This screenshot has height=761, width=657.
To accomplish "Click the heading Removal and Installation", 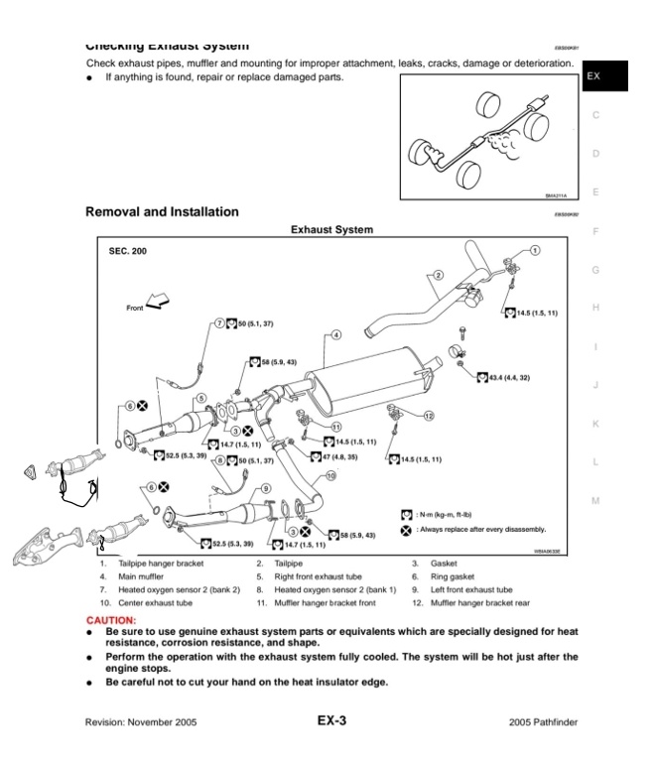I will tap(163, 211).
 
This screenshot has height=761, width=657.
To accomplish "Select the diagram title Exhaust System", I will tap(331, 230).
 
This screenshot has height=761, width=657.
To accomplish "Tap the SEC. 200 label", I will tap(126, 251).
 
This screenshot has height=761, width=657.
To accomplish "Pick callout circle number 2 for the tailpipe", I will tap(438, 274).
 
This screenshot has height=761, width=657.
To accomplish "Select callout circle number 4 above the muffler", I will tap(336, 334).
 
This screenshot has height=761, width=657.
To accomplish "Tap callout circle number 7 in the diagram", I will tap(220, 323).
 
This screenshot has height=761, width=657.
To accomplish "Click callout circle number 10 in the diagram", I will tap(329, 475).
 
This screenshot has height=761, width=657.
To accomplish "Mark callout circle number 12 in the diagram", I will tap(428, 417).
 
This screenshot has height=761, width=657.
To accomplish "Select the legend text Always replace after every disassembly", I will tap(482, 529).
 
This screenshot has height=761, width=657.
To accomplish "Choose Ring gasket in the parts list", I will tap(448, 574).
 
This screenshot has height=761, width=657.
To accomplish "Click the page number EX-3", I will tap(331, 720).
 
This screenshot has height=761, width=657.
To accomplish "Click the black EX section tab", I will tap(594, 75).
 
